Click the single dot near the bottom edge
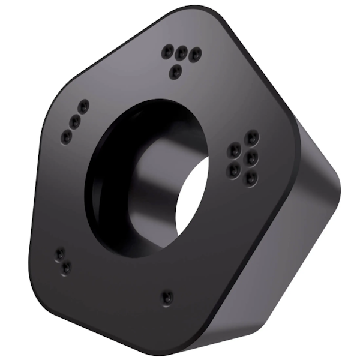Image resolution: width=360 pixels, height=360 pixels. [167, 296]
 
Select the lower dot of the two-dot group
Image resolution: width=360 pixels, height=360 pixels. [66, 267]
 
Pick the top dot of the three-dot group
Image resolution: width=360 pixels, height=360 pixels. [83, 106]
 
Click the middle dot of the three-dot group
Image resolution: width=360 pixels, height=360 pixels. [75, 121]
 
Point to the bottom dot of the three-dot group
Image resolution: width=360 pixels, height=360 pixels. [67, 137]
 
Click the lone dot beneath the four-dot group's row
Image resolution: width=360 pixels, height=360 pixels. [175, 72]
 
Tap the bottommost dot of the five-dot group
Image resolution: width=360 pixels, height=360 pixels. [251, 178]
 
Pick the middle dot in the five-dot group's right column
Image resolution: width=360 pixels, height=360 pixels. [252, 157]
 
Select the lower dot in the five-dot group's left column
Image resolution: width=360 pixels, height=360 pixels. [233, 170]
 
